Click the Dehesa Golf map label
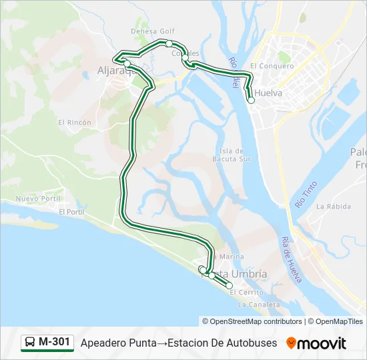tap(152, 31)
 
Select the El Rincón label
tap(74, 122)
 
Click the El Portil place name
tap(72, 212)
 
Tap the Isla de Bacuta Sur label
tap(231, 155)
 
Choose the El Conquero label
tap(272, 66)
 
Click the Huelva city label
tap(269, 93)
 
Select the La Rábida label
tap(334, 207)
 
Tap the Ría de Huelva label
tap(292, 259)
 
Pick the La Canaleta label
tap(260, 305)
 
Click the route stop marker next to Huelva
tap(251, 101)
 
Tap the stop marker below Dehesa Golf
tap(169, 43)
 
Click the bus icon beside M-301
tap(30, 343)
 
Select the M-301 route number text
tap(54, 342)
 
